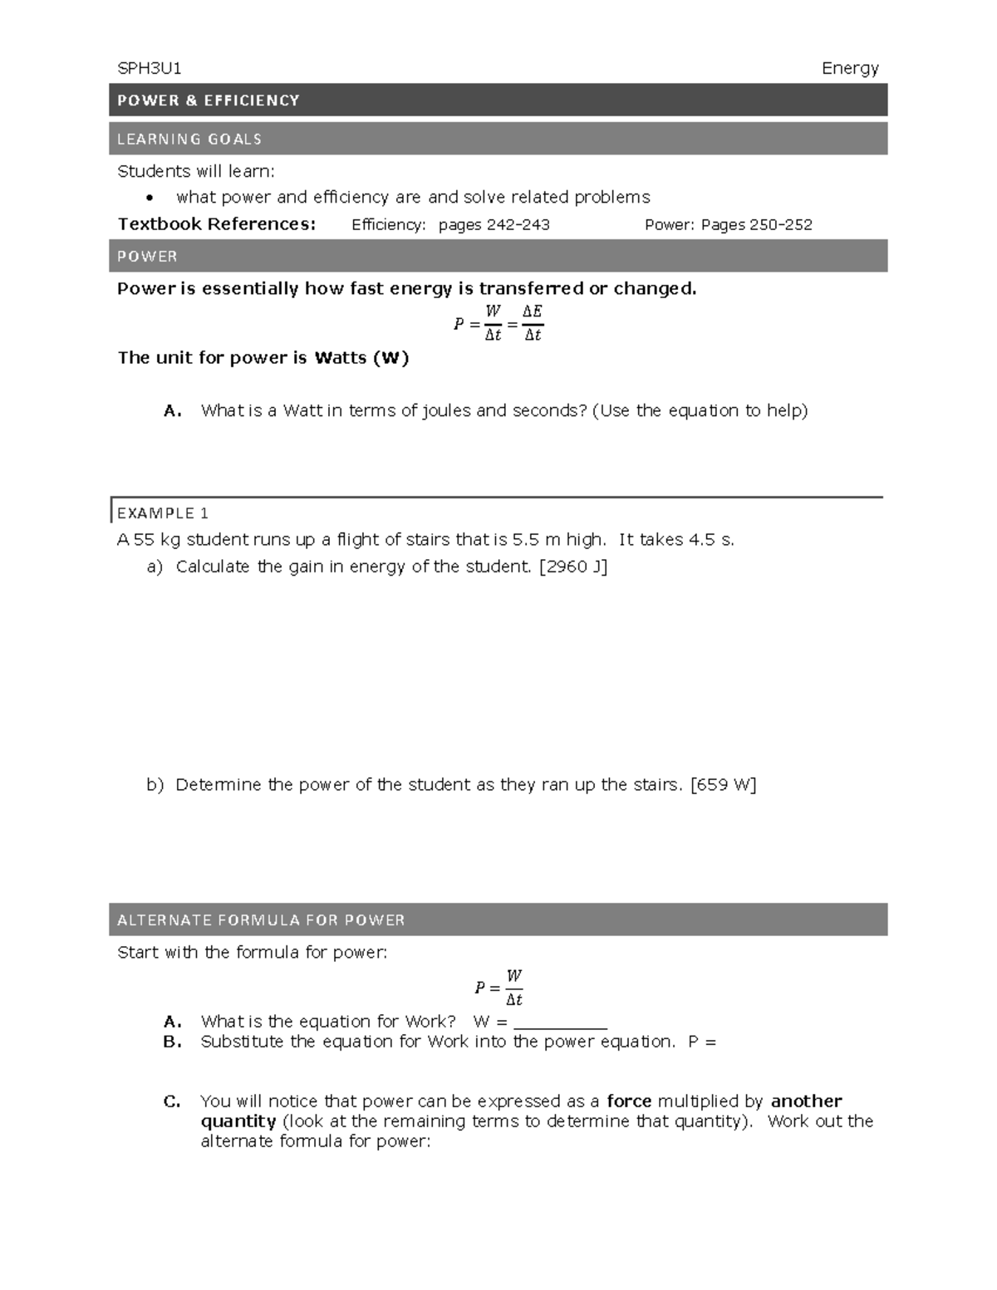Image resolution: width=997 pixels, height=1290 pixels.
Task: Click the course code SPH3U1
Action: point(150,68)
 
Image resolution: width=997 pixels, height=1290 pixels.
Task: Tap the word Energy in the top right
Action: point(849,69)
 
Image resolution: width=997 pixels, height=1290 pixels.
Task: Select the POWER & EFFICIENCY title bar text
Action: point(209,101)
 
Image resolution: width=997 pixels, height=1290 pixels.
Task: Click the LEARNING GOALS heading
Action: point(189,140)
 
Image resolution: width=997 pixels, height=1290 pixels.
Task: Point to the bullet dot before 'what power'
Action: point(150,199)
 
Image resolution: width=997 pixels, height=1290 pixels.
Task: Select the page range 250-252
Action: point(781,224)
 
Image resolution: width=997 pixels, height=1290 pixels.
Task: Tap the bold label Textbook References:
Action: point(217,224)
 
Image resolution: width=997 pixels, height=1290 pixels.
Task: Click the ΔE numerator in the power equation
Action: point(532,311)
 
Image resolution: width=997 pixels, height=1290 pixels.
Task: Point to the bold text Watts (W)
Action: point(362,358)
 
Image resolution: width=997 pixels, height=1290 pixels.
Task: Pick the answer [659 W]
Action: point(723,785)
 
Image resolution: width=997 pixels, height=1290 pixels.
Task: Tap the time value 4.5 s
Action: point(711,540)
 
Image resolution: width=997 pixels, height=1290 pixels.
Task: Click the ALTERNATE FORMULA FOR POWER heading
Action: point(261,920)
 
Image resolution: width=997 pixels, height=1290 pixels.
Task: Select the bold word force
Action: point(629,1101)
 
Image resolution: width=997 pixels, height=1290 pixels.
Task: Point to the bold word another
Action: point(806,1101)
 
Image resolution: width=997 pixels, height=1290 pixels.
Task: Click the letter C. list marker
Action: point(172,1101)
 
